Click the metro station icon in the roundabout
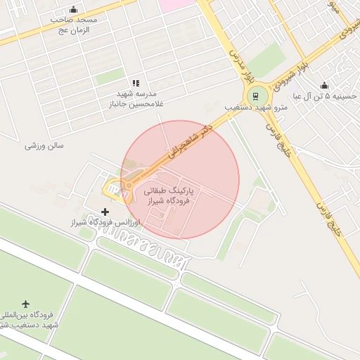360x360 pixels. [x=256, y=96]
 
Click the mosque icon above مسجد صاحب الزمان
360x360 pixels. [x=73, y=10]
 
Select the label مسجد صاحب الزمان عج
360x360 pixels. [x=73, y=25]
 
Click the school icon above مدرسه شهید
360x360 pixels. [x=136, y=83]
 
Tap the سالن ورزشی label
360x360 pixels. [x=44, y=146]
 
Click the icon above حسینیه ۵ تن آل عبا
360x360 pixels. [x=324, y=85]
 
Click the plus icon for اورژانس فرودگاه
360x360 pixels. [x=105, y=212]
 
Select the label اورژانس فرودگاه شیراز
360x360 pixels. [x=106, y=223]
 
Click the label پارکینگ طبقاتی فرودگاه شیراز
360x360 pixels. [x=172, y=195]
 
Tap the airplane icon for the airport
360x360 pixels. [x=27, y=304]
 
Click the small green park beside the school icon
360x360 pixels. [x=109, y=77]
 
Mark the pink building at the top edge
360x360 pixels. [x=176, y=5]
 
